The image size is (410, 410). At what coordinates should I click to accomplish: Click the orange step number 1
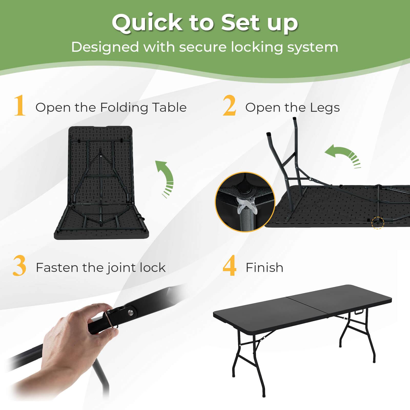coord(19,106)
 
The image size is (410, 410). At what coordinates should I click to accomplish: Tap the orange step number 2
coord(229,106)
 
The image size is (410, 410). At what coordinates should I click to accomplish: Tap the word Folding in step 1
coord(124,108)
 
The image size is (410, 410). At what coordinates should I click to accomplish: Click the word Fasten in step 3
coord(57,268)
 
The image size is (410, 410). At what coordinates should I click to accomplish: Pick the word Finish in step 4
coord(264,268)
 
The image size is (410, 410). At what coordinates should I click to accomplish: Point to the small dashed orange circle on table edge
coord(377,223)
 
